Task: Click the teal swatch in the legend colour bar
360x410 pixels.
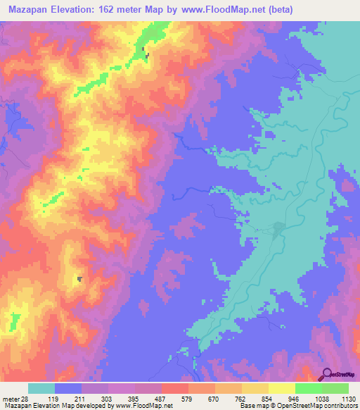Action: coord(41,389)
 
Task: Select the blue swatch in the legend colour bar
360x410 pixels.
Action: coord(68,389)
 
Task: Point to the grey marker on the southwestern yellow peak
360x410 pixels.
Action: coord(79,279)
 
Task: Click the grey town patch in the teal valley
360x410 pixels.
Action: coord(280,228)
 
